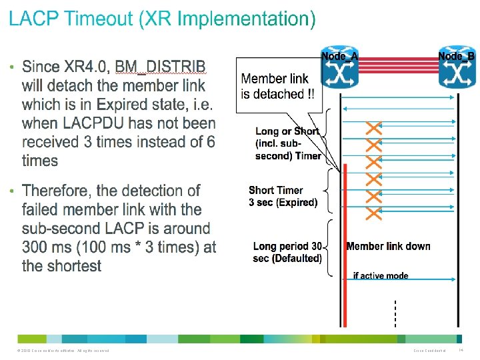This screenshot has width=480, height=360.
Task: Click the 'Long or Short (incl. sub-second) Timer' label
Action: [x=287, y=143]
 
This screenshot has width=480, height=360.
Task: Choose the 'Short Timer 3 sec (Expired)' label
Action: [x=283, y=196]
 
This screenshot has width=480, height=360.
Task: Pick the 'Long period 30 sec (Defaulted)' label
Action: [x=288, y=252]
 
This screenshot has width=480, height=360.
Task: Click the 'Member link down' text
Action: [x=388, y=246]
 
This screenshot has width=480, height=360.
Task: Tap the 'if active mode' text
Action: [x=381, y=275]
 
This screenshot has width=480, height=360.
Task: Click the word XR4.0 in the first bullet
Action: [x=87, y=67]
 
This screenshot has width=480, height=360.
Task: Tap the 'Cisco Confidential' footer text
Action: [x=433, y=351]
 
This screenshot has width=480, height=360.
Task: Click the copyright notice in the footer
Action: [x=60, y=351]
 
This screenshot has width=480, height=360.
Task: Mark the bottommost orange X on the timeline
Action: [x=374, y=213]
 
